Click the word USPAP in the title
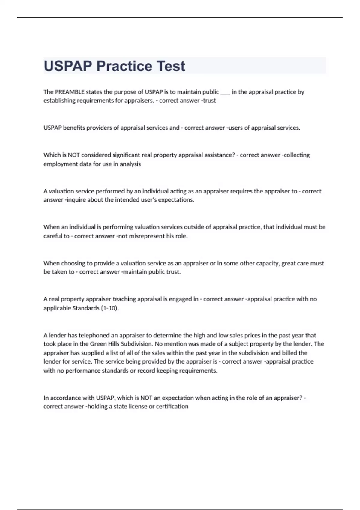pos(68,66)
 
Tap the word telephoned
pos(94,335)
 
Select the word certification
pos(172,406)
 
